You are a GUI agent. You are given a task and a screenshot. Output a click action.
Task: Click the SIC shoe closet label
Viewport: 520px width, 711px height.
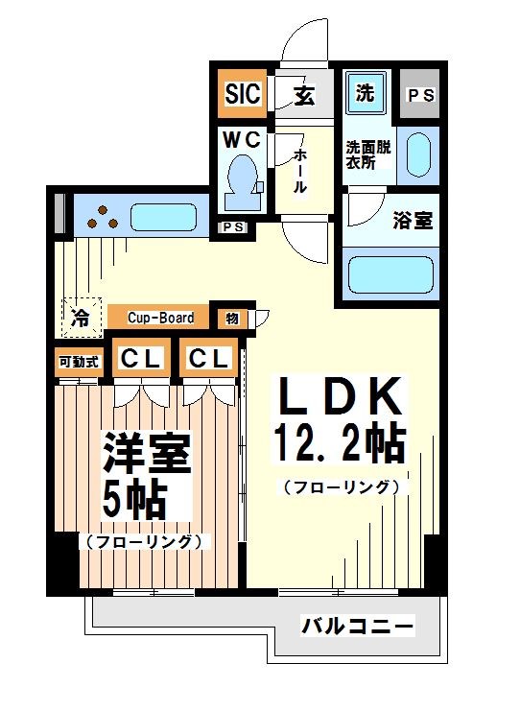(241, 94)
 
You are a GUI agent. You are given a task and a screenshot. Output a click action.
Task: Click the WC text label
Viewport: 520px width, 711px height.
(242, 140)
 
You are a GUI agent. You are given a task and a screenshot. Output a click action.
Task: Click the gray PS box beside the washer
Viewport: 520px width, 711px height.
(419, 95)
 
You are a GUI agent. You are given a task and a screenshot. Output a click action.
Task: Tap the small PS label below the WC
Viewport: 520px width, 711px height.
(232, 227)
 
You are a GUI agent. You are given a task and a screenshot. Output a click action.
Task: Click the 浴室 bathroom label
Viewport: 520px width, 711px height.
(412, 220)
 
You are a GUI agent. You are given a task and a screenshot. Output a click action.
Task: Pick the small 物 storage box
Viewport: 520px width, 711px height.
(233, 318)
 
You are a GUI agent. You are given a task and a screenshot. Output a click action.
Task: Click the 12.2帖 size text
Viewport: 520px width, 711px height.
(340, 442)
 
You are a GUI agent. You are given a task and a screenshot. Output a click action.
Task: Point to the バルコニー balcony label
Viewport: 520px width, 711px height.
(358, 628)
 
